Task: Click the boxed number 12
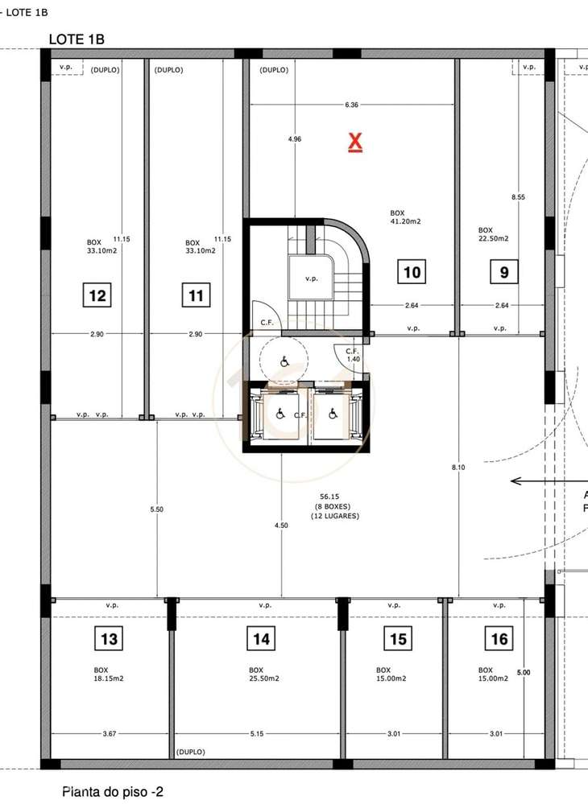coord(97,296)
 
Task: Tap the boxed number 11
coord(197,296)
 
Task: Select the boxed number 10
coord(412,272)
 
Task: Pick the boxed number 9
coord(504,272)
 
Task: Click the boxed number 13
coord(110,640)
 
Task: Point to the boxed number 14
coord(261,640)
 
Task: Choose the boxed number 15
coord(398,640)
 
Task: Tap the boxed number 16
coord(499,640)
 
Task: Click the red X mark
coord(354,143)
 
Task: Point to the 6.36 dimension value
coord(351,105)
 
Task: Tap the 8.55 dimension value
coord(519,197)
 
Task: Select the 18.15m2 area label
coord(109,678)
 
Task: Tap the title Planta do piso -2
coord(113,792)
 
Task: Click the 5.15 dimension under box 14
coord(258,733)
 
